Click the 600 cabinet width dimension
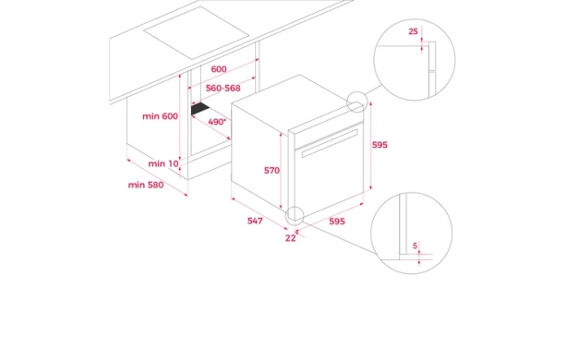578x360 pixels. tap(219, 69)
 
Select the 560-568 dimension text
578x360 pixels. tap(223, 88)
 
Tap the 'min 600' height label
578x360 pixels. tap(160, 116)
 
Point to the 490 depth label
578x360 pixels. tap(217, 122)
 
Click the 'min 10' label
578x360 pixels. tap(163, 163)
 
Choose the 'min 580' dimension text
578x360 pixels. tap(146, 185)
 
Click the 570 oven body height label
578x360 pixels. tap(271, 170)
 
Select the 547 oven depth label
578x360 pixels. tap(255, 221)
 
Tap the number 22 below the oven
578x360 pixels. tap(291, 238)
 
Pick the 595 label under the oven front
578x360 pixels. tap(337, 222)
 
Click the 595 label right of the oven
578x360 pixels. tap(379, 145)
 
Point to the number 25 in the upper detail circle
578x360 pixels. tap(414, 31)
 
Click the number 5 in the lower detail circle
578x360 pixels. tap(415, 246)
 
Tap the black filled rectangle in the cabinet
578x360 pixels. tap(200, 109)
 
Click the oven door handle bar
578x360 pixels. tap(330, 143)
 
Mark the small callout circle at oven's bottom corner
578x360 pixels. tap(295, 207)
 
